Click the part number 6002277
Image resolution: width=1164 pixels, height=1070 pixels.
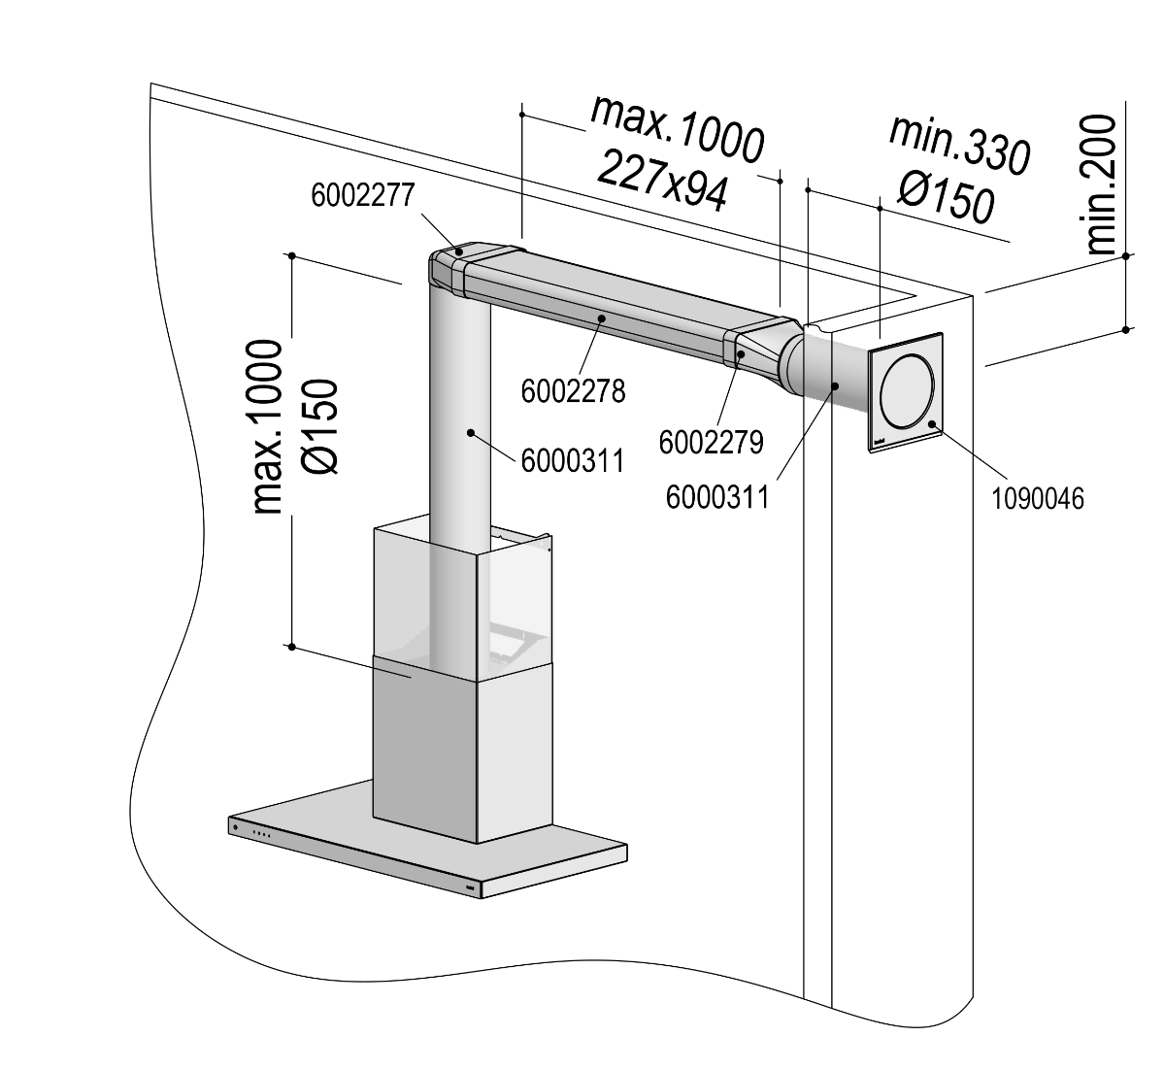(x=363, y=196)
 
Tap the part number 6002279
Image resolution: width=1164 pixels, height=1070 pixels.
(x=711, y=442)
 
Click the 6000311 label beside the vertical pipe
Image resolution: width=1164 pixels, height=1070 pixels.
(x=572, y=458)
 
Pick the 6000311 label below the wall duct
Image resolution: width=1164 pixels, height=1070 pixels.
(x=717, y=497)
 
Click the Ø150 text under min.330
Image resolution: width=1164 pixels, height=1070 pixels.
(x=946, y=198)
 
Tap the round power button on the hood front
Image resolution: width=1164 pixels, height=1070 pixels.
(x=236, y=827)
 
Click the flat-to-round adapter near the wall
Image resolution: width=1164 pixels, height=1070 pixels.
(x=762, y=351)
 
